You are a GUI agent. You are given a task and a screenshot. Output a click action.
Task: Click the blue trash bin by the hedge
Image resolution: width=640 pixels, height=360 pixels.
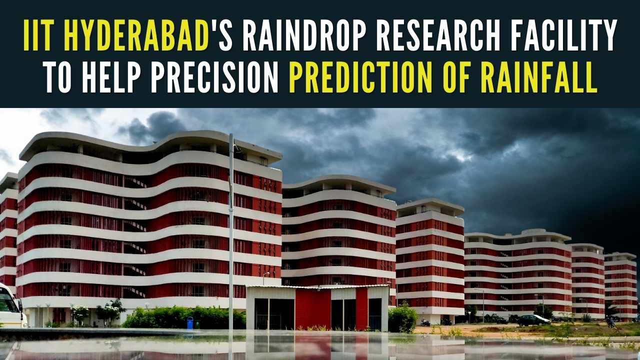click(x=190, y=323)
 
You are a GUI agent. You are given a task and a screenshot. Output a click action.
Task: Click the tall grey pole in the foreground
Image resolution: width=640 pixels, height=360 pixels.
click(x=231, y=225)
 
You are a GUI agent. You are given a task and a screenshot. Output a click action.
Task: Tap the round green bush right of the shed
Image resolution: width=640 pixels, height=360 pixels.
click(x=402, y=318)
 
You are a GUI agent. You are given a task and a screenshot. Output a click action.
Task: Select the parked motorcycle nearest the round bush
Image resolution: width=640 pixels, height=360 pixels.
click(x=425, y=322)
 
